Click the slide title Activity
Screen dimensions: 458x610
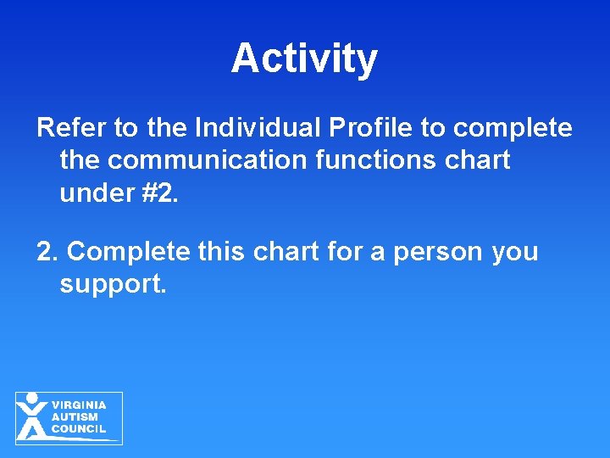tap(304, 59)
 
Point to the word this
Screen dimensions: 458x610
tap(221, 252)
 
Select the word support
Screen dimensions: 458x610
tap(114, 284)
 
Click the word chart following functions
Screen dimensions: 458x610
tap(481, 160)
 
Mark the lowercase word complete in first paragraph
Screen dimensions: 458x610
tap(513, 128)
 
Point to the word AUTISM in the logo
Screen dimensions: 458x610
tap(75, 417)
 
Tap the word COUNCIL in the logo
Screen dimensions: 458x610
tap(78, 429)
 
